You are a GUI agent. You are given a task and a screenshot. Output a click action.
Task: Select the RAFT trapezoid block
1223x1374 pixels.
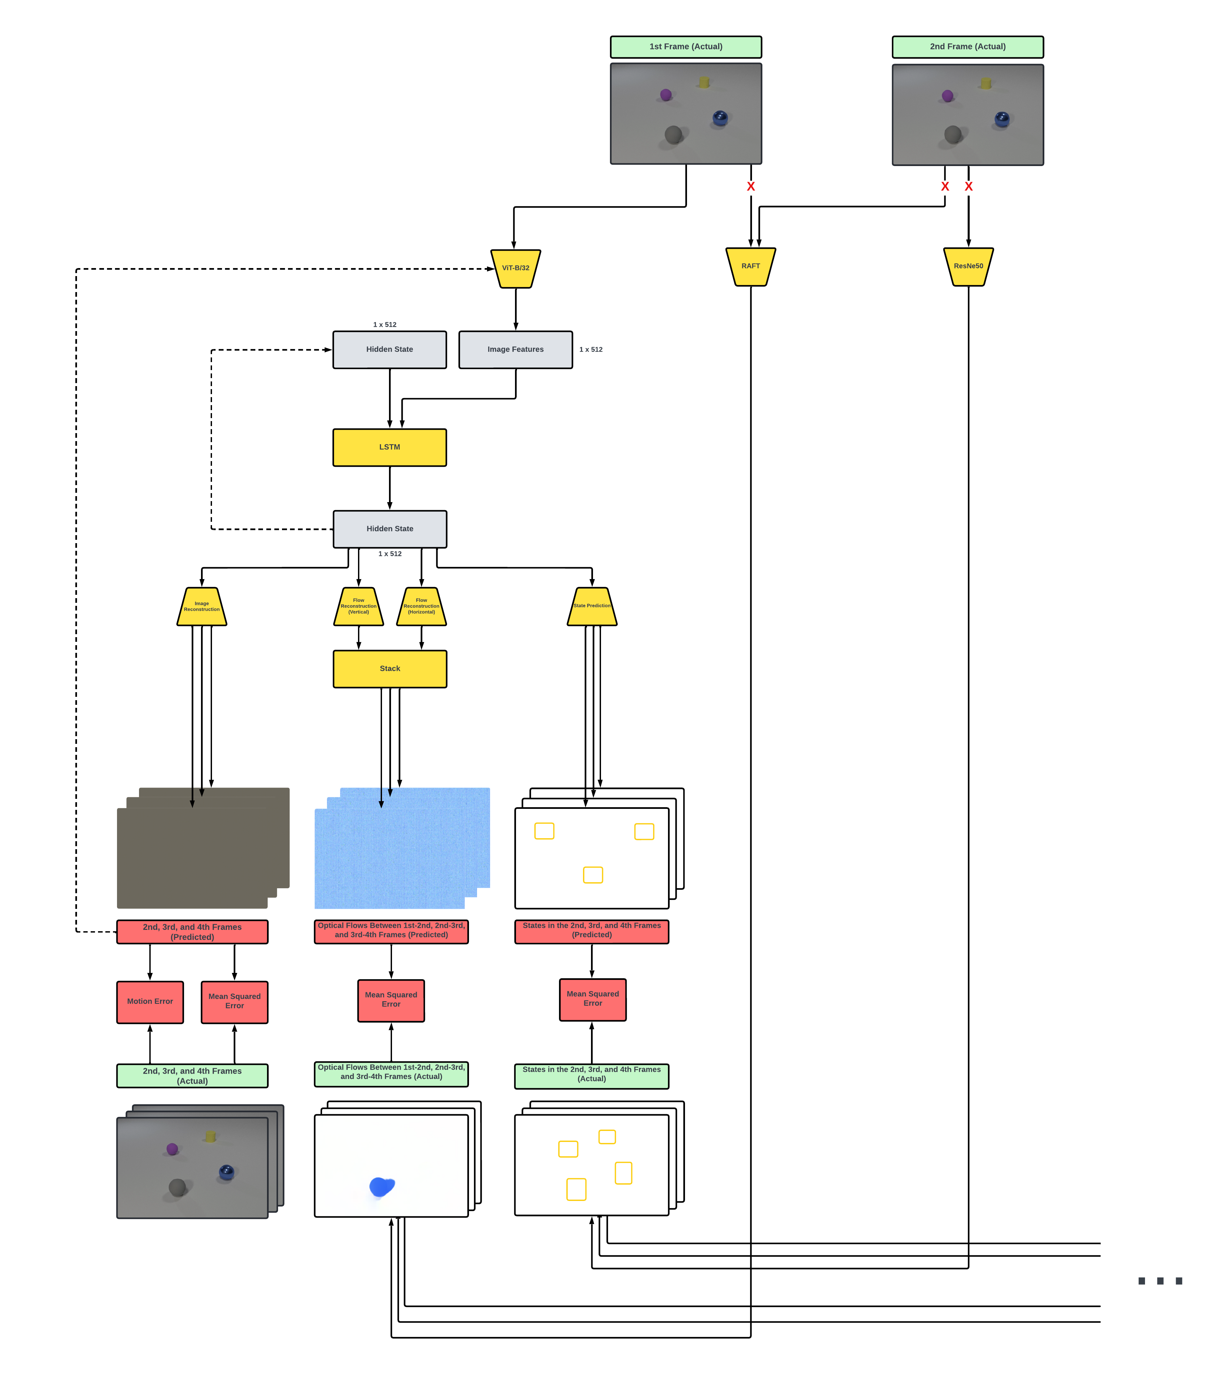coord(751,266)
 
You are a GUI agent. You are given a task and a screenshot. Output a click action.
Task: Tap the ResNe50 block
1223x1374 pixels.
coord(968,266)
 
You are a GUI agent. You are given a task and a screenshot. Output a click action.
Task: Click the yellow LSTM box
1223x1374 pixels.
coord(390,447)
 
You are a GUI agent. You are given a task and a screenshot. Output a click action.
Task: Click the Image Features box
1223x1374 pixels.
coord(515,349)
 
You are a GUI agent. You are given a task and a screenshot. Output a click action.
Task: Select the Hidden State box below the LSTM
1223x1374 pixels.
coord(390,529)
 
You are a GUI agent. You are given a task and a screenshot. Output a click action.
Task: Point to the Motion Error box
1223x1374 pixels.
coord(150,1002)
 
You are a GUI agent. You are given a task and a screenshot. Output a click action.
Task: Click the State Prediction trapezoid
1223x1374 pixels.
coord(592,606)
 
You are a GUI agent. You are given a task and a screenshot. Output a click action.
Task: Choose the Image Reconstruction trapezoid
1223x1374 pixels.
coord(202,606)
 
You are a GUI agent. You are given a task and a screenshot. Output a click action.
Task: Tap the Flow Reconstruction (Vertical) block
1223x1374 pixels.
coord(359,606)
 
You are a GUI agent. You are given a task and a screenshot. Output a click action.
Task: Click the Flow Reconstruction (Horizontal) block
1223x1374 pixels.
coord(421,606)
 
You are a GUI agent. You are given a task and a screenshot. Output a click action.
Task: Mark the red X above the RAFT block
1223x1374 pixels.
coord(751,186)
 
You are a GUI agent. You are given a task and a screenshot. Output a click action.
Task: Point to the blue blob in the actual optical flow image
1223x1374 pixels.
coord(382,1186)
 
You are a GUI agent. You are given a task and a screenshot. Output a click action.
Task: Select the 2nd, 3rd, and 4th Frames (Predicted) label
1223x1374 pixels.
coord(192,932)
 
